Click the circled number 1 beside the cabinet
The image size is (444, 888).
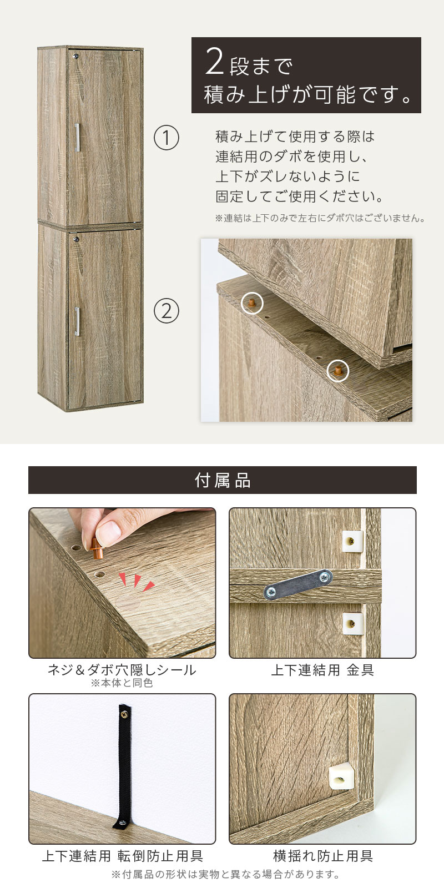(167, 138)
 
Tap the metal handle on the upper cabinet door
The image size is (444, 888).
(77, 137)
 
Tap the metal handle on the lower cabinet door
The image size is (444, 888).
(77, 321)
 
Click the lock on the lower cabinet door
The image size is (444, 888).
(76, 239)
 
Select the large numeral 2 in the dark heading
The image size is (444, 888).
(214, 62)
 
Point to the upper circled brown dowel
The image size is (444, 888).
(252, 303)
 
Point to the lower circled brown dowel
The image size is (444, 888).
(338, 371)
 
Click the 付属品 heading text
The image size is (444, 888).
(223, 480)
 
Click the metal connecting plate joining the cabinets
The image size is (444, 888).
(298, 584)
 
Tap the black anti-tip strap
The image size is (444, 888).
(124, 768)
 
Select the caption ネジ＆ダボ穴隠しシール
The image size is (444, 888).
(122, 670)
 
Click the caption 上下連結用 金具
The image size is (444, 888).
(322, 670)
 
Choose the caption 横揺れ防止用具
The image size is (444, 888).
(322, 856)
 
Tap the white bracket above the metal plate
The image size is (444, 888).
(352, 542)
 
